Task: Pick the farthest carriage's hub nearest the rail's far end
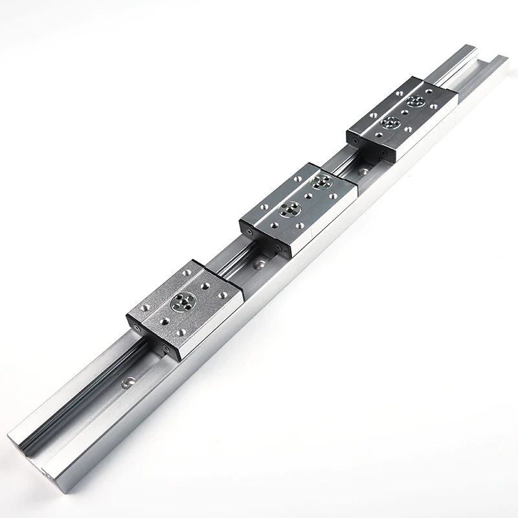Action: click(416, 101)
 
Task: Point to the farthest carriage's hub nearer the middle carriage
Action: click(390, 122)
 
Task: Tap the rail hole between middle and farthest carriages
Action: click(364, 172)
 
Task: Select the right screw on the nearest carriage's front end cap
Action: click(170, 350)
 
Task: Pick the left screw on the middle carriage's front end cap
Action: click(246, 227)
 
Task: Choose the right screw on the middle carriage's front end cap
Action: click(278, 247)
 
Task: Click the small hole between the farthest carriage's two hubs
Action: click(403, 111)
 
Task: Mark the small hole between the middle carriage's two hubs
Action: click(305, 196)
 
